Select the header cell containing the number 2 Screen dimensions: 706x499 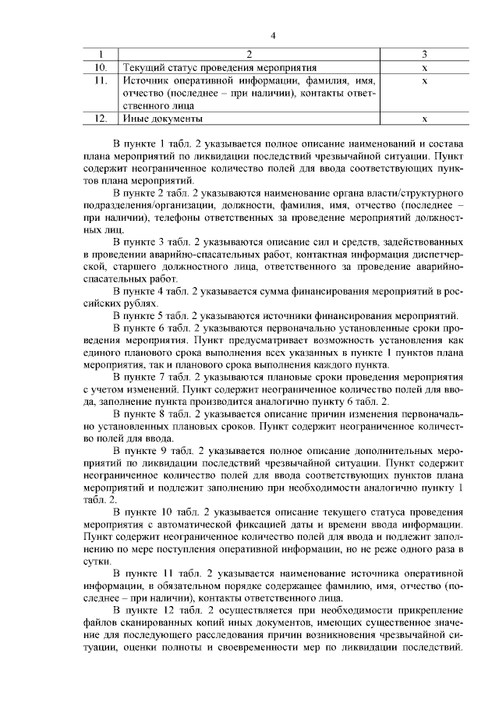pos(249,55)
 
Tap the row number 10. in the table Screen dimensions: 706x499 pos(100,68)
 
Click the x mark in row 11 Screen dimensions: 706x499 pos(423,80)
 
